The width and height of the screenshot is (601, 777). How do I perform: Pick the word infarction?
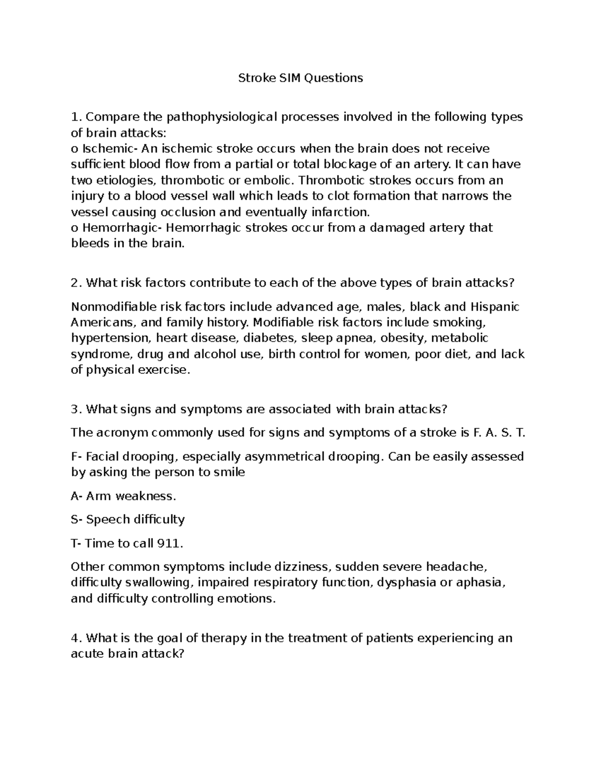(338, 212)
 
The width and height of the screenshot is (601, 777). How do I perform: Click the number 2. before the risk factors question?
(76, 283)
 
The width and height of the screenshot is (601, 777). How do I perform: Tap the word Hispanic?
(491, 306)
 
